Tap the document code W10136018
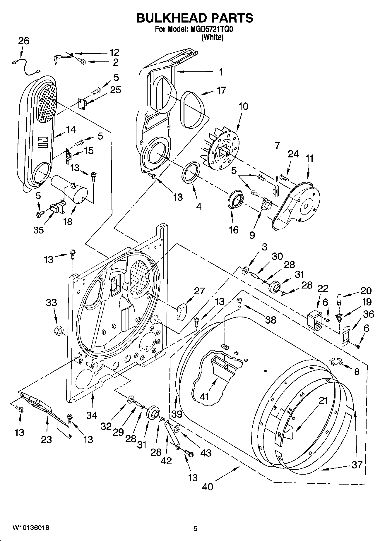tap(30, 528)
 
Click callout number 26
tap(24, 41)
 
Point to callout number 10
tap(243, 106)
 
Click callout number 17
tap(222, 90)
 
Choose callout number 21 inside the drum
tap(323, 401)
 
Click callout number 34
tap(91, 415)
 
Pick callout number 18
tap(68, 221)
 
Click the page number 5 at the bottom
tap(196, 528)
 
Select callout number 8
tap(357, 372)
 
